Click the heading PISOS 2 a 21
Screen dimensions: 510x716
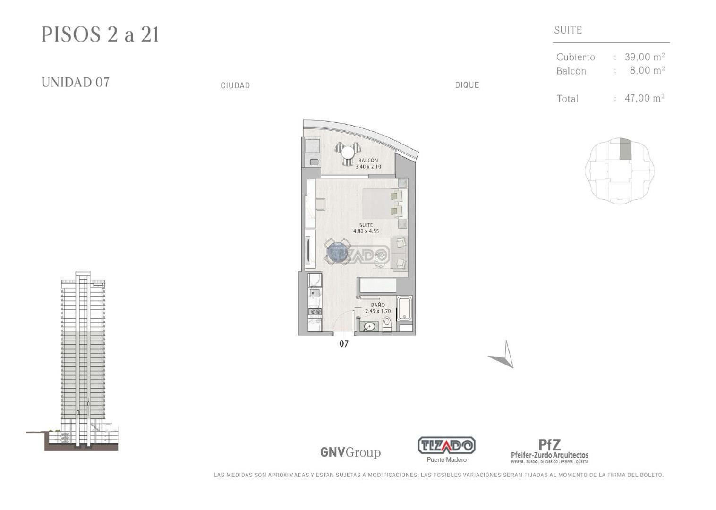(x=100, y=34)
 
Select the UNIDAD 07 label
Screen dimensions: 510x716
(x=76, y=82)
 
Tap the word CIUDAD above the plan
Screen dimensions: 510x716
(x=235, y=85)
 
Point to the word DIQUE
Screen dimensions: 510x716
(x=467, y=85)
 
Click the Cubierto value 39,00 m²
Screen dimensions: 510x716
(x=644, y=57)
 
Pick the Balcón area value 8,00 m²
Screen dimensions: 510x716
(x=647, y=71)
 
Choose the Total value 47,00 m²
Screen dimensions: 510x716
(x=644, y=98)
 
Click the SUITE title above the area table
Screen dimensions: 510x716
(x=568, y=30)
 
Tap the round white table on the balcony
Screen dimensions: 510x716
(x=348, y=153)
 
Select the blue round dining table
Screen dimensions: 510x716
(x=337, y=252)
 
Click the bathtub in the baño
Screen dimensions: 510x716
(x=404, y=308)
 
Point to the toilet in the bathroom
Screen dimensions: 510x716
(x=387, y=324)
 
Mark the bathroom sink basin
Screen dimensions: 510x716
(x=369, y=326)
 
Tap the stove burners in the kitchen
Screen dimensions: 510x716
(x=315, y=312)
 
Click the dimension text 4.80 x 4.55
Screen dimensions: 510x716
(x=366, y=231)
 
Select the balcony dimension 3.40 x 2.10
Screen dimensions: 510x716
(x=368, y=167)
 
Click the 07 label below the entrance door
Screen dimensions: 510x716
(x=344, y=344)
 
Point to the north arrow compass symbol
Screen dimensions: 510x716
(x=504, y=356)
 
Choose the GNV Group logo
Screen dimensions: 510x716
(x=350, y=452)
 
